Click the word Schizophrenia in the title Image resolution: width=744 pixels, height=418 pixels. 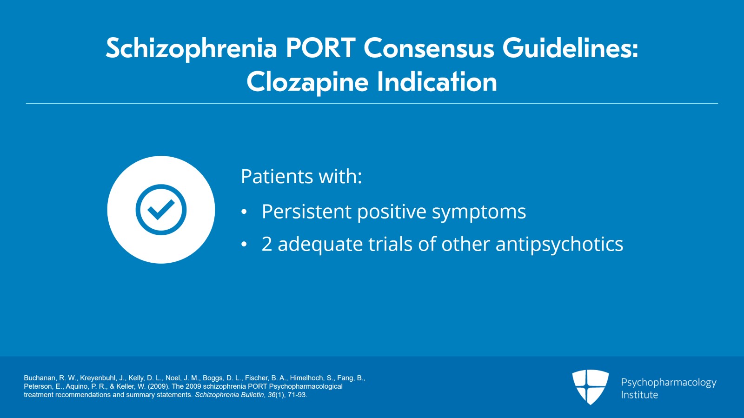(191, 48)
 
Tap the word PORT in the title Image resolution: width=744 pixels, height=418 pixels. (320, 48)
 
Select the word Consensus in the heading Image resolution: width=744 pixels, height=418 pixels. (428, 48)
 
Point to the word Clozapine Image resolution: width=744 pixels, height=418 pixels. (307, 82)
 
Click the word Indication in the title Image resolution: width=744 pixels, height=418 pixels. (437, 82)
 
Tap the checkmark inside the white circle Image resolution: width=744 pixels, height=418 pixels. (161, 210)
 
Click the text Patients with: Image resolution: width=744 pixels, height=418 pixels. (301, 177)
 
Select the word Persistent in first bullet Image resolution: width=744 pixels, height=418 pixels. (306, 212)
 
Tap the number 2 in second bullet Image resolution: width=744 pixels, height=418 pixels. (266, 245)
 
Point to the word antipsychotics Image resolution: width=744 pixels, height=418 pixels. (559, 245)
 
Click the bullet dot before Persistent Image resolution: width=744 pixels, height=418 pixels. (244, 212)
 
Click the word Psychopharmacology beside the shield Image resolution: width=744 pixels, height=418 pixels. (668, 383)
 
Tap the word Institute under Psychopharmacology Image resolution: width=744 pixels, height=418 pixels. (639, 395)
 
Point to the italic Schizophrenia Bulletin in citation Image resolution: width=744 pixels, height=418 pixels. (229, 395)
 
